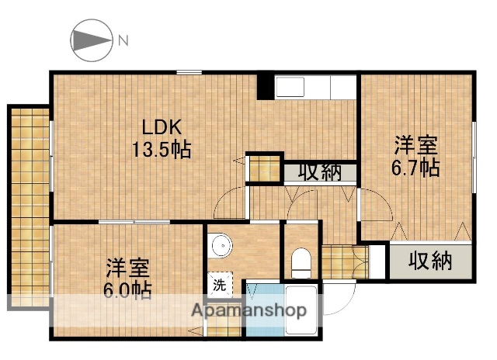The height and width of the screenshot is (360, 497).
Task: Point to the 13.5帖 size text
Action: (x=162, y=148)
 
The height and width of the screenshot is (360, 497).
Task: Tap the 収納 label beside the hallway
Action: (x=320, y=172)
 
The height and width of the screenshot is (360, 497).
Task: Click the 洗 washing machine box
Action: (x=219, y=285)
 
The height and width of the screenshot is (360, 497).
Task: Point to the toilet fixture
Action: (x=301, y=261)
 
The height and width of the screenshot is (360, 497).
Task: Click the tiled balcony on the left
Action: (x=29, y=206)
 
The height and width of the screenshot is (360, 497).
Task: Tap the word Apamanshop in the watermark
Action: (x=249, y=311)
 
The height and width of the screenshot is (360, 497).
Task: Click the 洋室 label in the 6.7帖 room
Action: (x=415, y=144)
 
